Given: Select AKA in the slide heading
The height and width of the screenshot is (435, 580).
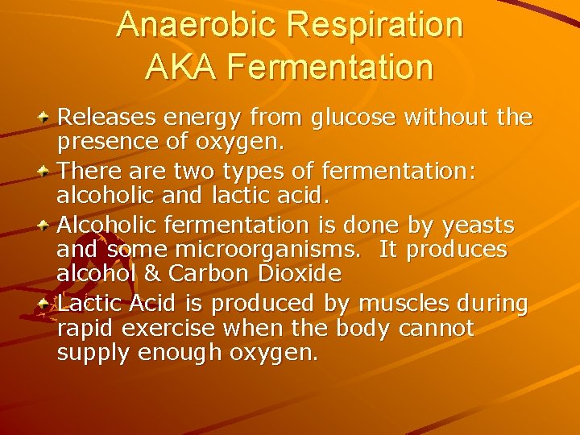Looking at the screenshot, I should click(x=180, y=67).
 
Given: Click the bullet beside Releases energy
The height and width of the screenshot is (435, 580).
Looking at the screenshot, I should click(x=46, y=118).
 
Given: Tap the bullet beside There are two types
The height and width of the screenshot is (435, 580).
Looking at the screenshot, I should click(x=46, y=170).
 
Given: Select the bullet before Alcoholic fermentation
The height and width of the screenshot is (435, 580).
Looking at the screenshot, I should click(x=46, y=224).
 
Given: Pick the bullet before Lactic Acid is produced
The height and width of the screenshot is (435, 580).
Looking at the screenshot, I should click(x=46, y=303).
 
